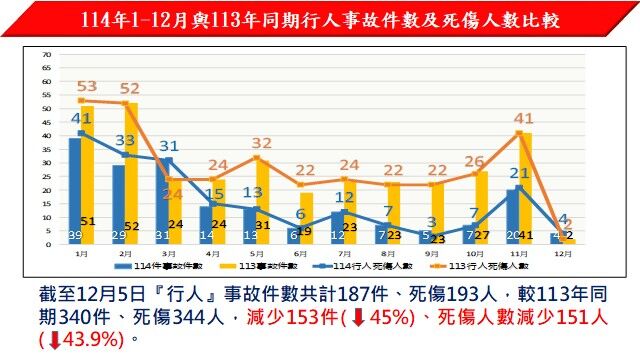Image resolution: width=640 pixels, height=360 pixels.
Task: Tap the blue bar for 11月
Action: [513, 215]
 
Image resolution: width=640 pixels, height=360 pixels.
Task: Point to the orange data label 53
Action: [86, 87]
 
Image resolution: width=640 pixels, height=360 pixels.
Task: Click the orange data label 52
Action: [130, 89]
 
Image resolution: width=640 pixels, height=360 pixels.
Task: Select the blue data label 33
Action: [125, 141]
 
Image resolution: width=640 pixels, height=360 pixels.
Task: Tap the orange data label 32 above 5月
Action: [262, 144]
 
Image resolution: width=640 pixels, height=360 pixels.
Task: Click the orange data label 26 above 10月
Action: [474, 160]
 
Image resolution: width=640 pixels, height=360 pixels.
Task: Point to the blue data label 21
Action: [519, 172]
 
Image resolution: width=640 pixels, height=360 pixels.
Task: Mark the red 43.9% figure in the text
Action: [86, 340]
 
